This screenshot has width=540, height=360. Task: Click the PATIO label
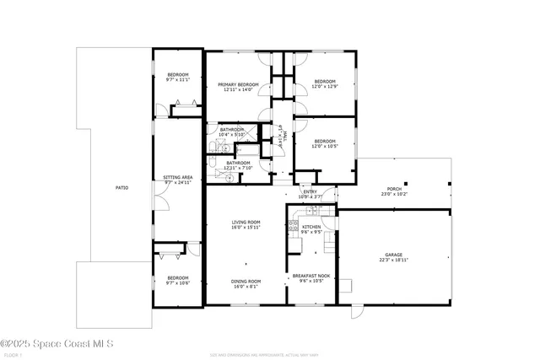click(122, 187)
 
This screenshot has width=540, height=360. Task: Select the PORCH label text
click(394, 189)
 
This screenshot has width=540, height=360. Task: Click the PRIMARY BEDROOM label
click(238, 84)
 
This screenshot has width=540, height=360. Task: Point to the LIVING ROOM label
click(246, 222)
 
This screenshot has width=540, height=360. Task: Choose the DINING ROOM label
click(246, 281)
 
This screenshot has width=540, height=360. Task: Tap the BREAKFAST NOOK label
click(310, 276)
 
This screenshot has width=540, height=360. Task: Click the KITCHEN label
click(311, 227)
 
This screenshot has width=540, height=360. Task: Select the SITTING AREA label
click(178, 177)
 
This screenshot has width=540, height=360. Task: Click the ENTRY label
click(310, 191)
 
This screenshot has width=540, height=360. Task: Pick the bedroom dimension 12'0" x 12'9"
click(326, 87)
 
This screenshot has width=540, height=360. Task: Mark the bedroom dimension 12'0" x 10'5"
click(326, 146)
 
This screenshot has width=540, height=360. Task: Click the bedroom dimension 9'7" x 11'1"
click(177, 80)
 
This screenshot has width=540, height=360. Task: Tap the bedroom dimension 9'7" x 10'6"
click(177, 282)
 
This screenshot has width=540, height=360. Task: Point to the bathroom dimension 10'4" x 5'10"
click(231, 134)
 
